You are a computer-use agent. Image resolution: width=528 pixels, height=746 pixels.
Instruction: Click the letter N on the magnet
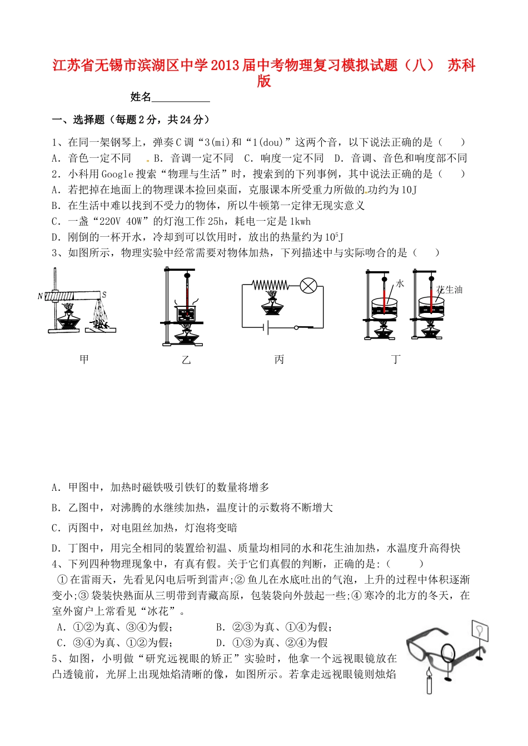40,296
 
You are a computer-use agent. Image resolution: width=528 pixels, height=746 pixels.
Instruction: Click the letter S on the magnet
104,295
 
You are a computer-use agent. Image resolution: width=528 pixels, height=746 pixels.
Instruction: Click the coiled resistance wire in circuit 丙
270,285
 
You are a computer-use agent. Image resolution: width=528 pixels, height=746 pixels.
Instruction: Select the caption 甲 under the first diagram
84,360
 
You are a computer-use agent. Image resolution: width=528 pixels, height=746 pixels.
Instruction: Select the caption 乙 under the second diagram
186,360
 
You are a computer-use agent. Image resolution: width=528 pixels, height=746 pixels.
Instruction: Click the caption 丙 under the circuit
279,360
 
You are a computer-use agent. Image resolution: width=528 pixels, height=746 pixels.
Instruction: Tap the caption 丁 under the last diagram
396,360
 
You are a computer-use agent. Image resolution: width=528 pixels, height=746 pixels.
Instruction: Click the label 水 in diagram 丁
400,284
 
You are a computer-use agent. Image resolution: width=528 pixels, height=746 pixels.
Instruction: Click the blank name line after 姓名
181,98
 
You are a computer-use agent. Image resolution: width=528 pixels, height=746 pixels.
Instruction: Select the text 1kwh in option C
301,221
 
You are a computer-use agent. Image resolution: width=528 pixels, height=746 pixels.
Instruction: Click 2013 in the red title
225,66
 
